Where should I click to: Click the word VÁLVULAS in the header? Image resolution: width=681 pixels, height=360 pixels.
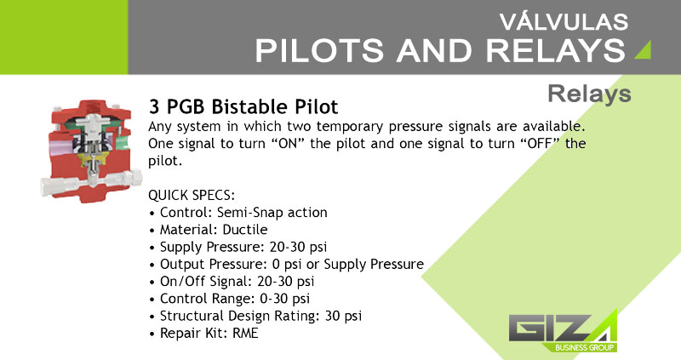click(564, 21)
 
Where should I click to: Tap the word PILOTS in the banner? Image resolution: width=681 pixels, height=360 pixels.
click(319, 50)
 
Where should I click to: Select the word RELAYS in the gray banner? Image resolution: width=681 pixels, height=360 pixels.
click(556, 50)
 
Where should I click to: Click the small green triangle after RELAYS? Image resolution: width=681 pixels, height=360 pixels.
click(644, 49)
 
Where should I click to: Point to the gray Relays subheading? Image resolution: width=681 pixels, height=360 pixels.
click(589, 94)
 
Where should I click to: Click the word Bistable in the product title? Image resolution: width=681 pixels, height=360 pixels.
click(249, 107)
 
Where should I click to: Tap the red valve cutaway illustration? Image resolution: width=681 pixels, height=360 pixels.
click(91, 151)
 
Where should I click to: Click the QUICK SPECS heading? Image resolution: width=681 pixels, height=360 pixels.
click(192, 196)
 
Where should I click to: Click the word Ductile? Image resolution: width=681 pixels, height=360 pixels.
click(245, 229)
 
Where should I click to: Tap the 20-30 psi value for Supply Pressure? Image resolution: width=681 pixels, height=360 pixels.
click(298, 247)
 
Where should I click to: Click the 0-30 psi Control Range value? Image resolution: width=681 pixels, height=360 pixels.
click(284, 299)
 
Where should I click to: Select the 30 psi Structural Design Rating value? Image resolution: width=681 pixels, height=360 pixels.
click(343, 316)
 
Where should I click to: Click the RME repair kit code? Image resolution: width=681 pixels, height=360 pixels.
click(245, 333)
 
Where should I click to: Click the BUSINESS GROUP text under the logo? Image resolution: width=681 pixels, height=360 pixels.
click(585, 347)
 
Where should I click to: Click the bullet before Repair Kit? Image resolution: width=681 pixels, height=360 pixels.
click(152, 334)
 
